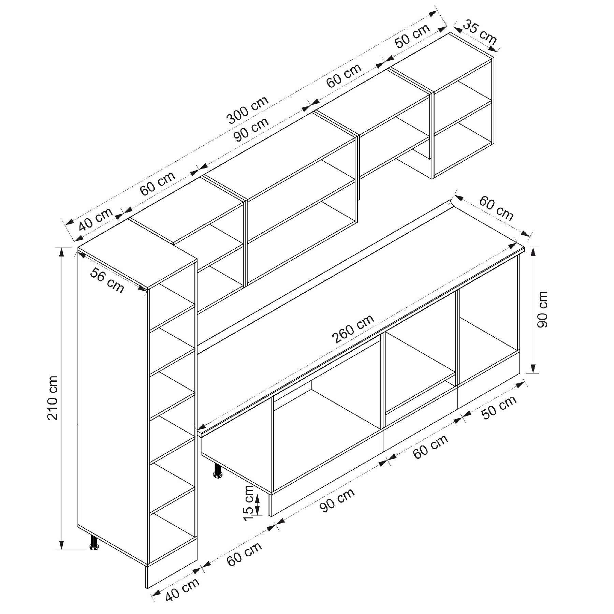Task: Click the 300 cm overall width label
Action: point(248,110)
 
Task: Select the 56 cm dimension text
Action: point(107,280)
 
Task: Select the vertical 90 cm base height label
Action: point(542,309)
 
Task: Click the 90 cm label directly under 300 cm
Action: point(251,129)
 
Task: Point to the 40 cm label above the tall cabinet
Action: point(96,220)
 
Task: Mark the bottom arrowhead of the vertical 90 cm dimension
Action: point(534,368)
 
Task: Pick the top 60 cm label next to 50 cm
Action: point(344,76)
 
